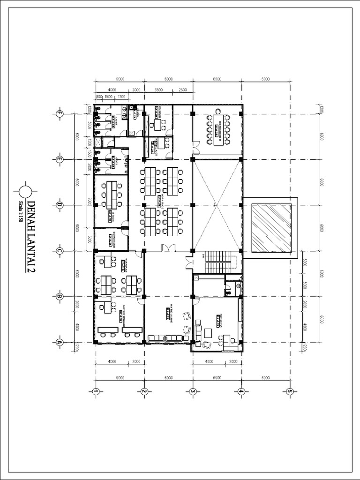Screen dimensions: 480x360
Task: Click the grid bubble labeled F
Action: [59, 114]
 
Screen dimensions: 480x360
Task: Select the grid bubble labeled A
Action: [59, 342]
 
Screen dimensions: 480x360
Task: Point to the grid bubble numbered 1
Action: [96, 391]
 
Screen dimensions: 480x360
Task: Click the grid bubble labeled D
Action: [59, 205]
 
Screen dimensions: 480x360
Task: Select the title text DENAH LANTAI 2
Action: [31, 236]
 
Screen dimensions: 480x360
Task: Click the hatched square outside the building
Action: [270, 228]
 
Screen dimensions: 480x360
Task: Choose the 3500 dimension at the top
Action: [158, 89]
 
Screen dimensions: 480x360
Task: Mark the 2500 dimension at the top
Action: [182, 89]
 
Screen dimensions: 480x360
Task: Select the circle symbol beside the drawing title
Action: [25, 192]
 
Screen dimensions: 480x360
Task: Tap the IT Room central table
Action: [112, 195]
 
